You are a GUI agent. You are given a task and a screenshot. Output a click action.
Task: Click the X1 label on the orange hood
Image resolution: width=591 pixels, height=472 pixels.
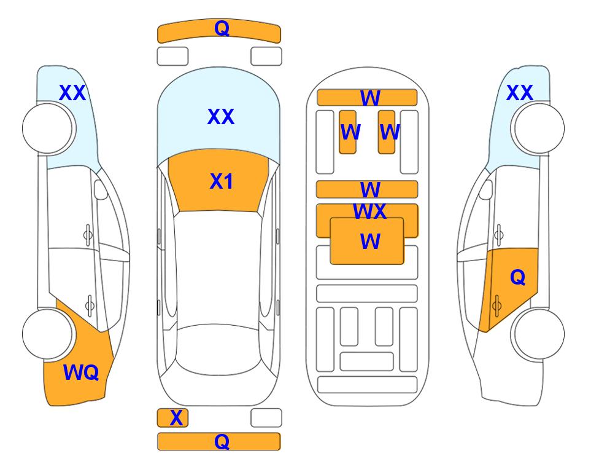222,181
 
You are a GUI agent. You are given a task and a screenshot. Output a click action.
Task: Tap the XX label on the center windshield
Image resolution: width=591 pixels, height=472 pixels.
221,117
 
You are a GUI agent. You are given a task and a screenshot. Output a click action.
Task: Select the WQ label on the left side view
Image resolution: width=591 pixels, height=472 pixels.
81,372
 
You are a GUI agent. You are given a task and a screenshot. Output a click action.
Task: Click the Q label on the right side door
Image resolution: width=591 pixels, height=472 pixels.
517,277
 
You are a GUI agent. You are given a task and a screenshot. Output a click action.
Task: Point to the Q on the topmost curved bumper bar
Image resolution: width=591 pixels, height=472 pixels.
222,28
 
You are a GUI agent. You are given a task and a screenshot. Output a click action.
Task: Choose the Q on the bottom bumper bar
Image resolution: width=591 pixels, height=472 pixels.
222,441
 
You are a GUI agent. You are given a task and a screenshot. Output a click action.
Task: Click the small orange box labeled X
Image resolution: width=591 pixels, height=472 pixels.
172,418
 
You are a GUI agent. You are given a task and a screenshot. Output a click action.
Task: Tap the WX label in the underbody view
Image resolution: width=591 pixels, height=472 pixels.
369,211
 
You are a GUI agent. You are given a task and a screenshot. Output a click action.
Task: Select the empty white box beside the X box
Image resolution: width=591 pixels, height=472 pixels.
266,418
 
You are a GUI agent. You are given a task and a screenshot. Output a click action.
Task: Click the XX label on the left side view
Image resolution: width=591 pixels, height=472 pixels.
72,93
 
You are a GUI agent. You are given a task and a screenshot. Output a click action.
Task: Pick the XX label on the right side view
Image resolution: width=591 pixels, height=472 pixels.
519,93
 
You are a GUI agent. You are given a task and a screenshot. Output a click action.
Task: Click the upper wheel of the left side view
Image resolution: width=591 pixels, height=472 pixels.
47,128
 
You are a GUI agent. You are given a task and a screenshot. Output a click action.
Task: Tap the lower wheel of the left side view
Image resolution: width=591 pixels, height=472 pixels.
47,334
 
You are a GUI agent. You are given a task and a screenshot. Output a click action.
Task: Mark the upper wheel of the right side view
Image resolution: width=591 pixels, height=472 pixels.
539,128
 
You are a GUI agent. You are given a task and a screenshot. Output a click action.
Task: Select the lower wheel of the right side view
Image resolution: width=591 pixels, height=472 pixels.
539,334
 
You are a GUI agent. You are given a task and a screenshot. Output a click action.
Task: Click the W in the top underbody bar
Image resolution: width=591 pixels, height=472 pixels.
370,98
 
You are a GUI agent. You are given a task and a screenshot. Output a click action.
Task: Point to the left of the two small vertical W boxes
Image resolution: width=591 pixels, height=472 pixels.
347,132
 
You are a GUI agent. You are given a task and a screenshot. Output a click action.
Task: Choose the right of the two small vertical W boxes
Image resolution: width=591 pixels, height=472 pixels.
387,132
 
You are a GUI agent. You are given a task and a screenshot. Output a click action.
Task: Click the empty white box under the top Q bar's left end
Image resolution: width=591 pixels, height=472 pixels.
172,57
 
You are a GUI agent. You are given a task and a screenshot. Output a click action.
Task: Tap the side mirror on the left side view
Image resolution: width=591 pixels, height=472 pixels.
101,189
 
